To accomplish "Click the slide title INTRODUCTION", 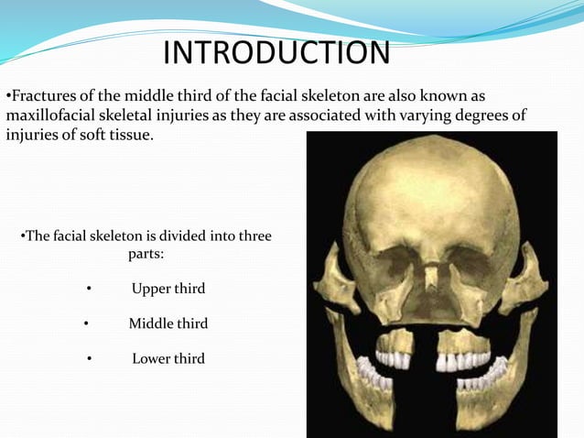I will tap(276, 53).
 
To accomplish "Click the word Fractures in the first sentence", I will tap(42, 96).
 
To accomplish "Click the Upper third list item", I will tap(168, 289).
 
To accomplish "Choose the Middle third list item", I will tap(168, 323).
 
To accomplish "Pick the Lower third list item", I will tap(168, 358).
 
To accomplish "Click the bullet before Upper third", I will tap(89, 290).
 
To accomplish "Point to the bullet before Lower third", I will tap(89, 359).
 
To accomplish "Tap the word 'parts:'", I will tap(146, 254).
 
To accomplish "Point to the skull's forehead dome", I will tap(431, 183).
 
